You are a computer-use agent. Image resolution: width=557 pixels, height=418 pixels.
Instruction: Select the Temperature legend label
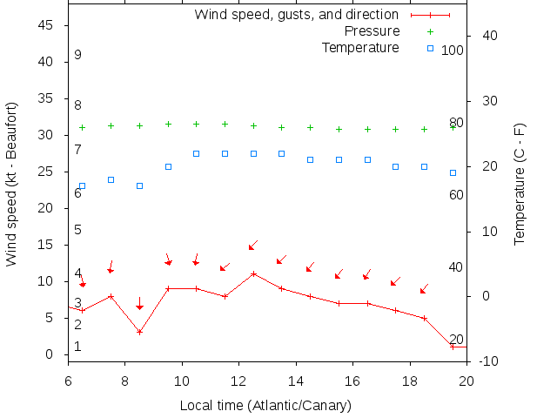click(360, 47)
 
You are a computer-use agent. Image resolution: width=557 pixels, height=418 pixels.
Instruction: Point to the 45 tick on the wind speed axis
click(49, 26)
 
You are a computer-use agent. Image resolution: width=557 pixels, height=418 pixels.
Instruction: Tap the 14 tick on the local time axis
click(296, 381)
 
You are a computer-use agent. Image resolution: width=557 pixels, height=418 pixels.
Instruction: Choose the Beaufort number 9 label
click(77, 55)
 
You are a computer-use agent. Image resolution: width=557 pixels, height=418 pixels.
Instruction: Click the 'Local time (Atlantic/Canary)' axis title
click(265, 406)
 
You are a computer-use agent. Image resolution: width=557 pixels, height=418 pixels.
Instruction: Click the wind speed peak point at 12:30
click(253, 273)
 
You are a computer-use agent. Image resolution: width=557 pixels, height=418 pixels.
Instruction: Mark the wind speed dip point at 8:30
click(139, 332)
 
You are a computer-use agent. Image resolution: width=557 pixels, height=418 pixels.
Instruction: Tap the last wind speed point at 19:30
click(453, 347)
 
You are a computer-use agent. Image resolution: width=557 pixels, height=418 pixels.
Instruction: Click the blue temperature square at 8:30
click(139, 185)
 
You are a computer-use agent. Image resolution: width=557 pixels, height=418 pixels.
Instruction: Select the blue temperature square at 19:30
click(453, 172)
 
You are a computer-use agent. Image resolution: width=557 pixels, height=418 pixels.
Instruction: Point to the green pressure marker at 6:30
click(83, 127)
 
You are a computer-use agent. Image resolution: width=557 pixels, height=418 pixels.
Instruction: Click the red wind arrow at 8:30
click(139, 304)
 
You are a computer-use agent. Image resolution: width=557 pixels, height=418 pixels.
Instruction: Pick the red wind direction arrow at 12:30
click(253, 246)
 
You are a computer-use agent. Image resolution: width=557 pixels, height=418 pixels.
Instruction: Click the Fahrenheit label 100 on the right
click(453, 51)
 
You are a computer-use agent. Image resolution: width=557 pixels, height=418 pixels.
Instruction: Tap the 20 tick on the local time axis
click(466, 381)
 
